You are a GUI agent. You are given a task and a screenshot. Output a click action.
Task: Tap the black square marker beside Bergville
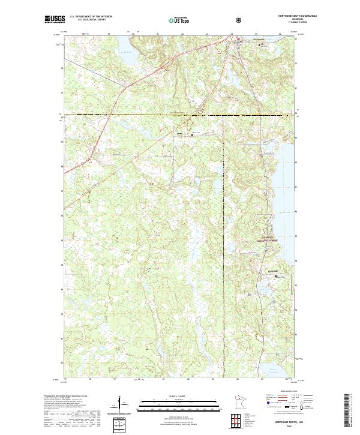275,275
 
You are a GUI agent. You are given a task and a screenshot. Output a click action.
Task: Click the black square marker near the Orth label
192,135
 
